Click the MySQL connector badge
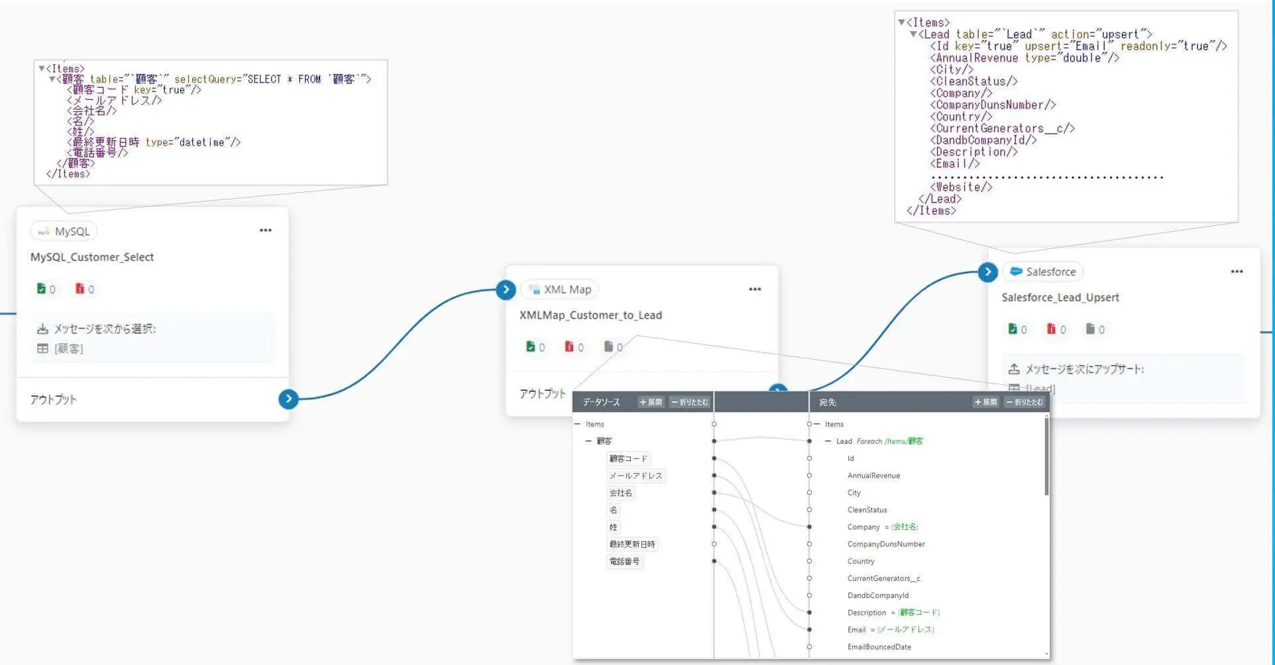point(64,231)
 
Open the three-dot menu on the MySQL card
point(266,230)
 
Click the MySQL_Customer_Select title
point(92,257)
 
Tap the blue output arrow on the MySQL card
point(288,399)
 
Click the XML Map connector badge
point(560,289)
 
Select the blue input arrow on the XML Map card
point(506,289)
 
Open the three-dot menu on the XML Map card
point(755,289)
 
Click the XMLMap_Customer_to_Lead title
point(590,315)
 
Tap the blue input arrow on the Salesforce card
point(987,272)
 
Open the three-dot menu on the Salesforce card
point(1237,272)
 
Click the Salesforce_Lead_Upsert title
point(1060,297)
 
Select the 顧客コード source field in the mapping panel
point(628,458)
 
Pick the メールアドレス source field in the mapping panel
point(636,476)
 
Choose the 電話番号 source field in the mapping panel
point(624,561)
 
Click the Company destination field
point(863,527)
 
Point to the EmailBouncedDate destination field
point(879,647)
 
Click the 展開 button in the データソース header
point(651,402)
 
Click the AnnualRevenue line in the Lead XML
point(1024,58)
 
